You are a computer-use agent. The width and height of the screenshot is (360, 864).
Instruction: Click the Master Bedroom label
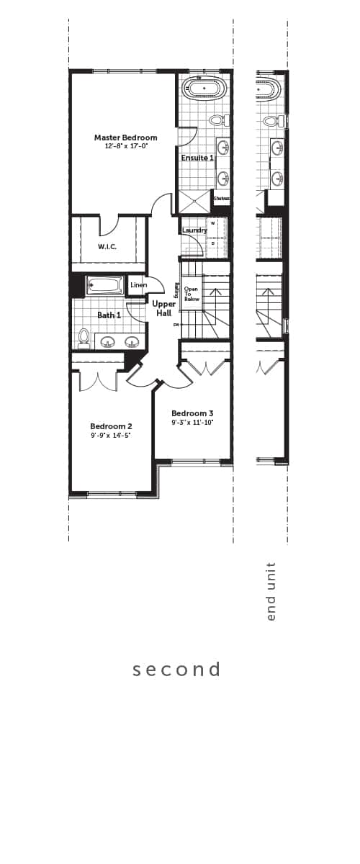(125, 137)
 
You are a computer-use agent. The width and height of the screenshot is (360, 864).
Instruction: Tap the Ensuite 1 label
(197, 158)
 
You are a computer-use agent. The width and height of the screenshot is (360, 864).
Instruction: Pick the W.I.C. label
(107, 247)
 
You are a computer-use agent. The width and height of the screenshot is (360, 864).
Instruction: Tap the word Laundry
(194, 230)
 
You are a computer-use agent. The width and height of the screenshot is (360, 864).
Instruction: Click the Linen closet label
(139, 285)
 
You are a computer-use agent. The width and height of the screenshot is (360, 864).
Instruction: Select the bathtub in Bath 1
(105, 286)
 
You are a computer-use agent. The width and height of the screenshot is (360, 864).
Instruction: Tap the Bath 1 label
(109, 315)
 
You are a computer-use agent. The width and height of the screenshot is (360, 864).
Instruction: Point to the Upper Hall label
(163, 309)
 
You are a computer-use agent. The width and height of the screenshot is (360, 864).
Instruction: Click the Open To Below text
(192, 294)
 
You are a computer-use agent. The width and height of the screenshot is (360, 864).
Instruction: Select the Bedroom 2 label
(111, 426)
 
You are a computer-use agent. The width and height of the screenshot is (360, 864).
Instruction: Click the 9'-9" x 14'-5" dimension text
(111, 436)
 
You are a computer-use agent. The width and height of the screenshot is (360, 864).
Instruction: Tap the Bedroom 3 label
(192, 413)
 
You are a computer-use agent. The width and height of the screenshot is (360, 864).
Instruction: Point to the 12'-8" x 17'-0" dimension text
(125, 146)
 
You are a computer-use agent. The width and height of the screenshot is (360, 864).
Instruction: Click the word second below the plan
(176, 670)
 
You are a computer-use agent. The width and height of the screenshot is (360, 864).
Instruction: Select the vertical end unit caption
(271, 592)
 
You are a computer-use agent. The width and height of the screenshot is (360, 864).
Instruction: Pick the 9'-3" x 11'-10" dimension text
(192, 423)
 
